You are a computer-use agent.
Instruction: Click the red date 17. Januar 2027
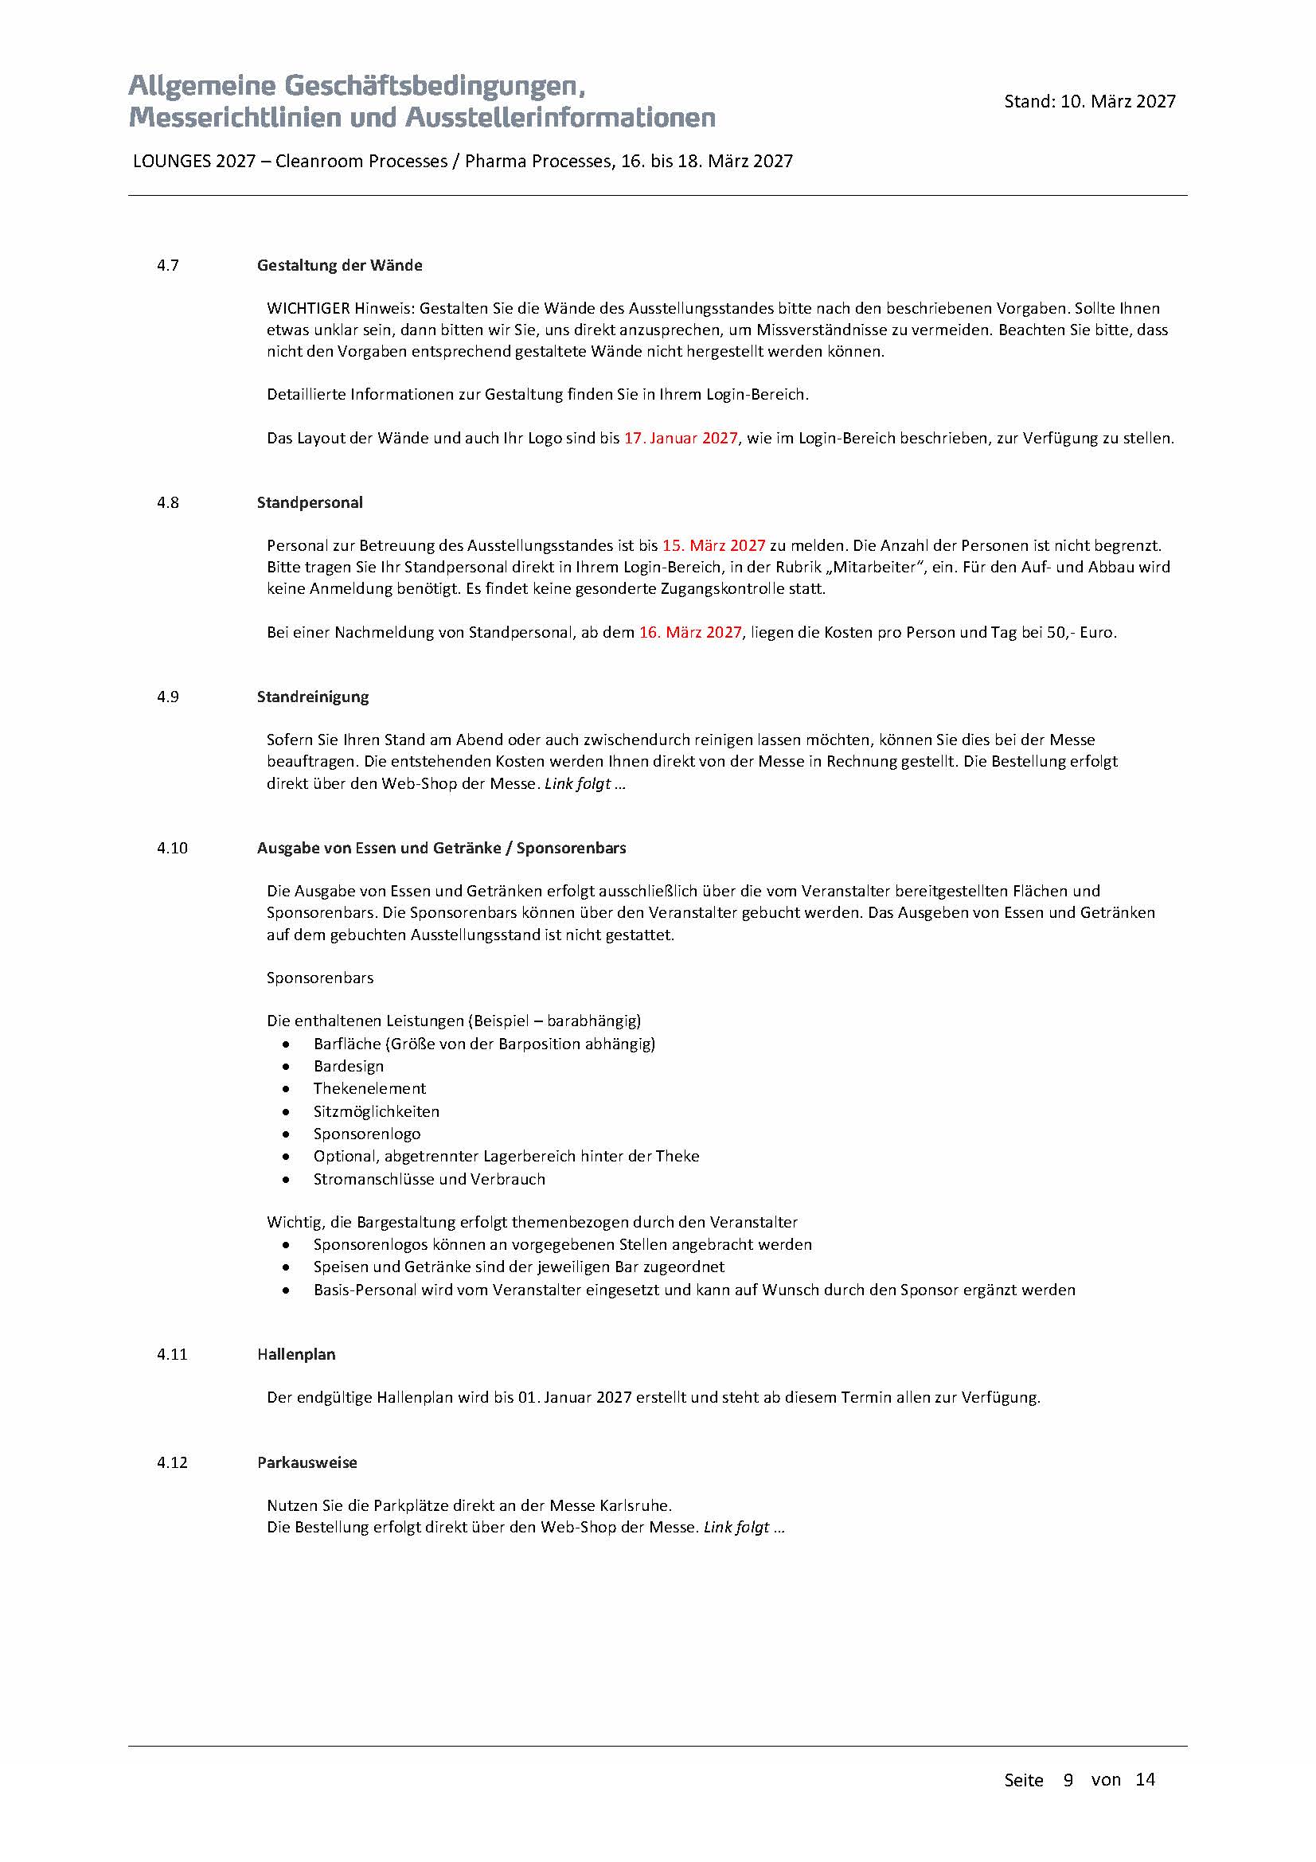click(681, 438)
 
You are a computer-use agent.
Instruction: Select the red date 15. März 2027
click(713, 546)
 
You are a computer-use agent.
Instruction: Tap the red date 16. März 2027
click(690, 632)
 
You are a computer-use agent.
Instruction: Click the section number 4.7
click(168, 265)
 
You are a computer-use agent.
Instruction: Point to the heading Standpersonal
click(310, 503)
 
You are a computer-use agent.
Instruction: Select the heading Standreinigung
click(313, 697)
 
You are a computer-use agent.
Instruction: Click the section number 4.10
click(172, 849)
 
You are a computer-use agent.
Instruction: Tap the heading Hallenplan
click(296, 1354)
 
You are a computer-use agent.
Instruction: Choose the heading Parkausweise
click(307, 1462)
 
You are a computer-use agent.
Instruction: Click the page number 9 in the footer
click(1068, 1780)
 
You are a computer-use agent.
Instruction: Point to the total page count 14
click(1145, 1780)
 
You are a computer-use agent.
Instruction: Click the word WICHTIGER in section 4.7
click(308, 308)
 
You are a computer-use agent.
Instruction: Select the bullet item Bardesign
click(349, 1067)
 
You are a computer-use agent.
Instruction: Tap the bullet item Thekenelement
click(369, 1088)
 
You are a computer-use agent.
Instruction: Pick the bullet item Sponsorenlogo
click(367, 1134)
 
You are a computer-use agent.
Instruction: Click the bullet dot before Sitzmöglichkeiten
click(287, 1112)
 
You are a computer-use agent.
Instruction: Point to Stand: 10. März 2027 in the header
click(1090, 101)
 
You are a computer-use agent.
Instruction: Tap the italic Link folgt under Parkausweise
click(736, 1527)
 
